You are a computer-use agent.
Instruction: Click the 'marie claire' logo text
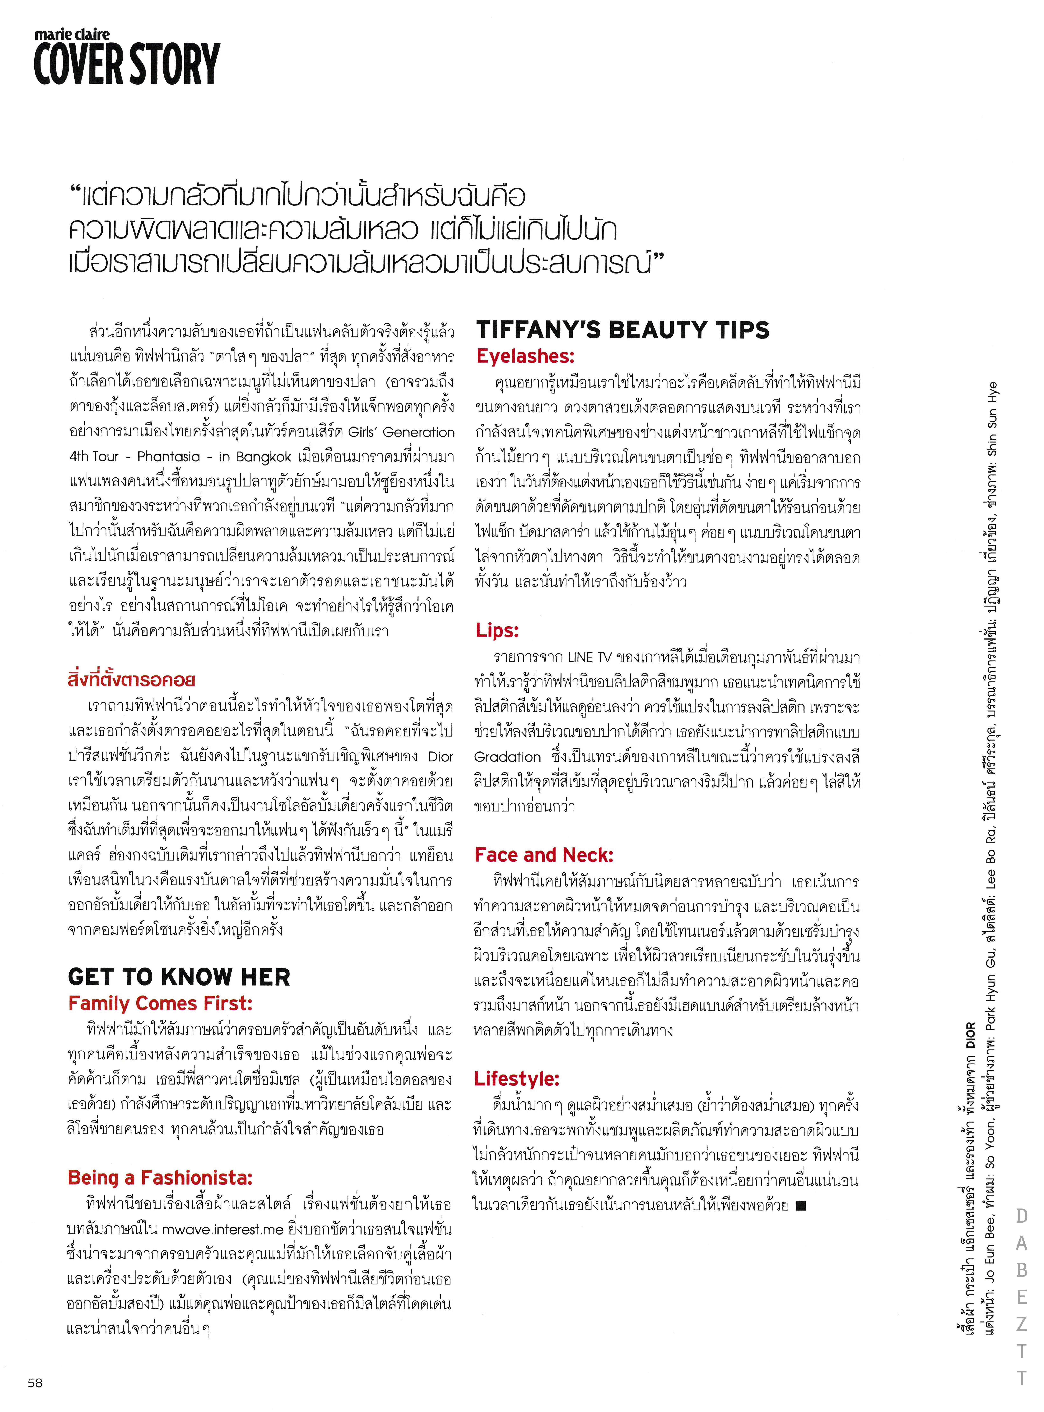[72, 35]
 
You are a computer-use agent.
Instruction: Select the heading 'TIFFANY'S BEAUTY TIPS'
[622, 330]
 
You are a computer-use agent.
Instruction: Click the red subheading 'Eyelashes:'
[525, 356]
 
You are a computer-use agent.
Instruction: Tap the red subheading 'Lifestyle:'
[517, 1079]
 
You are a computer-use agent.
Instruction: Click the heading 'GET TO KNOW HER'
[179, 977]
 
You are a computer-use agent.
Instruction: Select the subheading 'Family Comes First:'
[160, 1004]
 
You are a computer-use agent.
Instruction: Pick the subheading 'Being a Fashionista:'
[160, 1178]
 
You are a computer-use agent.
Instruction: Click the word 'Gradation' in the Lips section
[507, 757]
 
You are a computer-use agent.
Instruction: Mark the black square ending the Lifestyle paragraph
[801, 1205]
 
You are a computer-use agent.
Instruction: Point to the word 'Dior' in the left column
[441, 757]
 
